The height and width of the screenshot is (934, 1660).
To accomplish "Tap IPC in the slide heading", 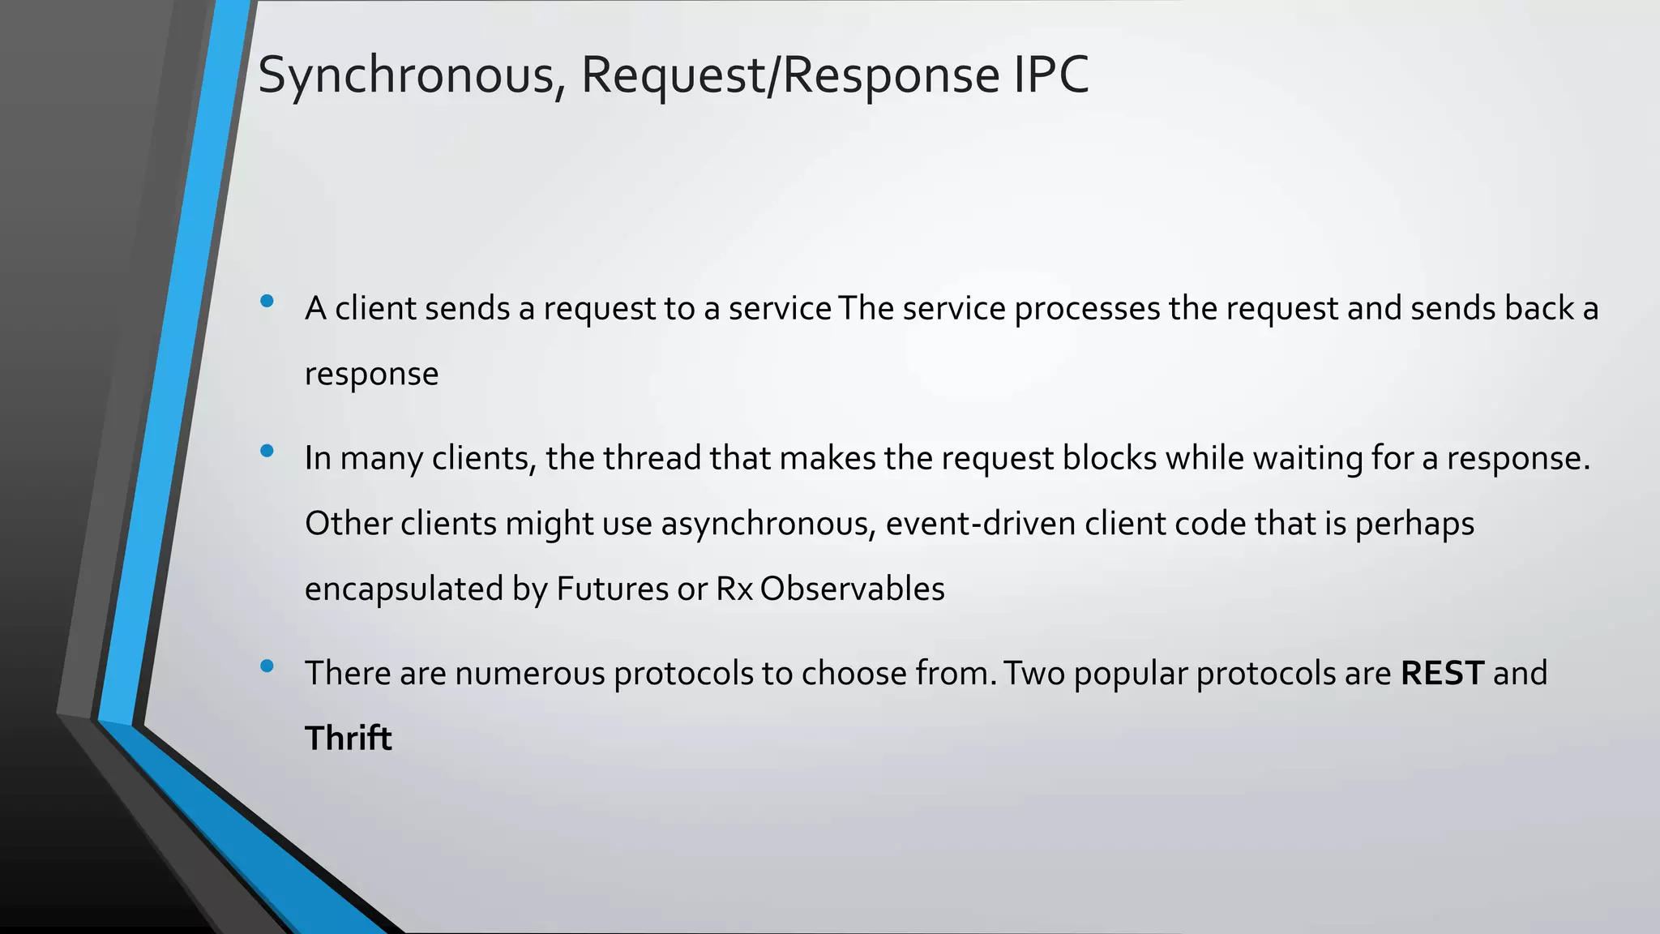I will point(1051,75).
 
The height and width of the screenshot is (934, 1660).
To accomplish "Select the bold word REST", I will point(1442,673).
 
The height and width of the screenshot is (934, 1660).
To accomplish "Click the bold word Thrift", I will point(348,738).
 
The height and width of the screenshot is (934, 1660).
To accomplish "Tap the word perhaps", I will point(1414,525).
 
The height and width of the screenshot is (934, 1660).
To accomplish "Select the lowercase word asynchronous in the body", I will point(768,525).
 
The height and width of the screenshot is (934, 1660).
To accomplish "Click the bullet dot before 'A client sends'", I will point(267,302).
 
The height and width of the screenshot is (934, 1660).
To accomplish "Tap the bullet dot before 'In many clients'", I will point(267,451).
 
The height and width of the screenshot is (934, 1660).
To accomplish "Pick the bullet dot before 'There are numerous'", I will point(267,666).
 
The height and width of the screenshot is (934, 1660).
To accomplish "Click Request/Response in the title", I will point(790,75).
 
